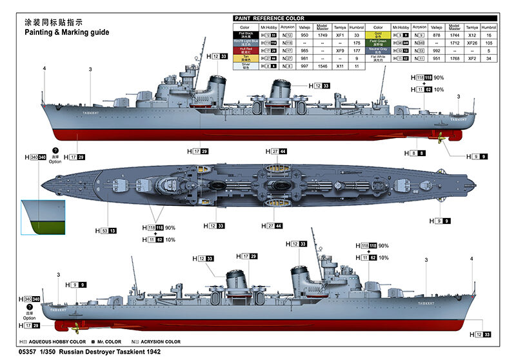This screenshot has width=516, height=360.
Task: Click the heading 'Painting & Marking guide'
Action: (66, 32)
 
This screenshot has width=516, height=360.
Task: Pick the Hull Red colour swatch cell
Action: (244, 50)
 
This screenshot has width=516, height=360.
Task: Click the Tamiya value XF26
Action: (472, 42)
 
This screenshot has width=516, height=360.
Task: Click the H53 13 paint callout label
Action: (108, 230)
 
